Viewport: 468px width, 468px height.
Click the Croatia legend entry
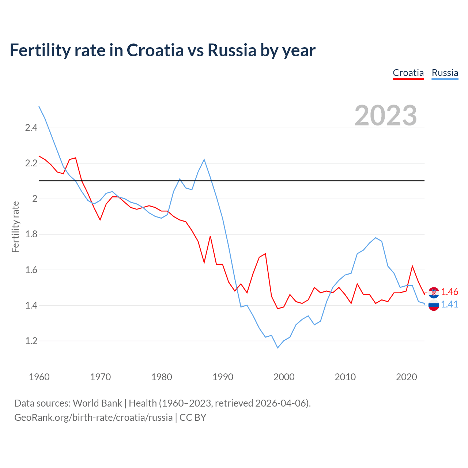(408, 73)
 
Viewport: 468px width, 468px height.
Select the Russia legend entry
(445, 73)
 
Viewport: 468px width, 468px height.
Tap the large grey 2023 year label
(386, 116)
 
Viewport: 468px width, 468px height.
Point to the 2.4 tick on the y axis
(31, 128)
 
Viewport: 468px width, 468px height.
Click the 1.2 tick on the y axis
(31, 341)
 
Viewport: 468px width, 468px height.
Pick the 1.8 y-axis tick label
(31, 234)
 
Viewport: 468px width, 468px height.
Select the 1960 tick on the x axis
(39, 377)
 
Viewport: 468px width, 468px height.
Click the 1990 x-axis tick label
(223, 377)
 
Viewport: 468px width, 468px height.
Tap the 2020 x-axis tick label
(406, 377)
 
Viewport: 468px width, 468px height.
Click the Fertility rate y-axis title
(15, 227)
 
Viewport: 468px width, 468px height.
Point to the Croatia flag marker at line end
(434, 292)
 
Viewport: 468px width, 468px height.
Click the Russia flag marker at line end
(434, 305)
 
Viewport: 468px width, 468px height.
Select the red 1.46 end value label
(449, 292)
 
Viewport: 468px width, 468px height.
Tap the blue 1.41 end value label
(449, 304)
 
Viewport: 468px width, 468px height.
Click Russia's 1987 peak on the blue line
(204, 159)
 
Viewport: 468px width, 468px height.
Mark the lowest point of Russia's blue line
(278, 348)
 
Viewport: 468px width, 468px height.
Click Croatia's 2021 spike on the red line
(412, 266)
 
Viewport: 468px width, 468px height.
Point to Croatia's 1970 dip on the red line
(100, 220)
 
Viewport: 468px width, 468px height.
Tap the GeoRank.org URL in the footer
(93, 417)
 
